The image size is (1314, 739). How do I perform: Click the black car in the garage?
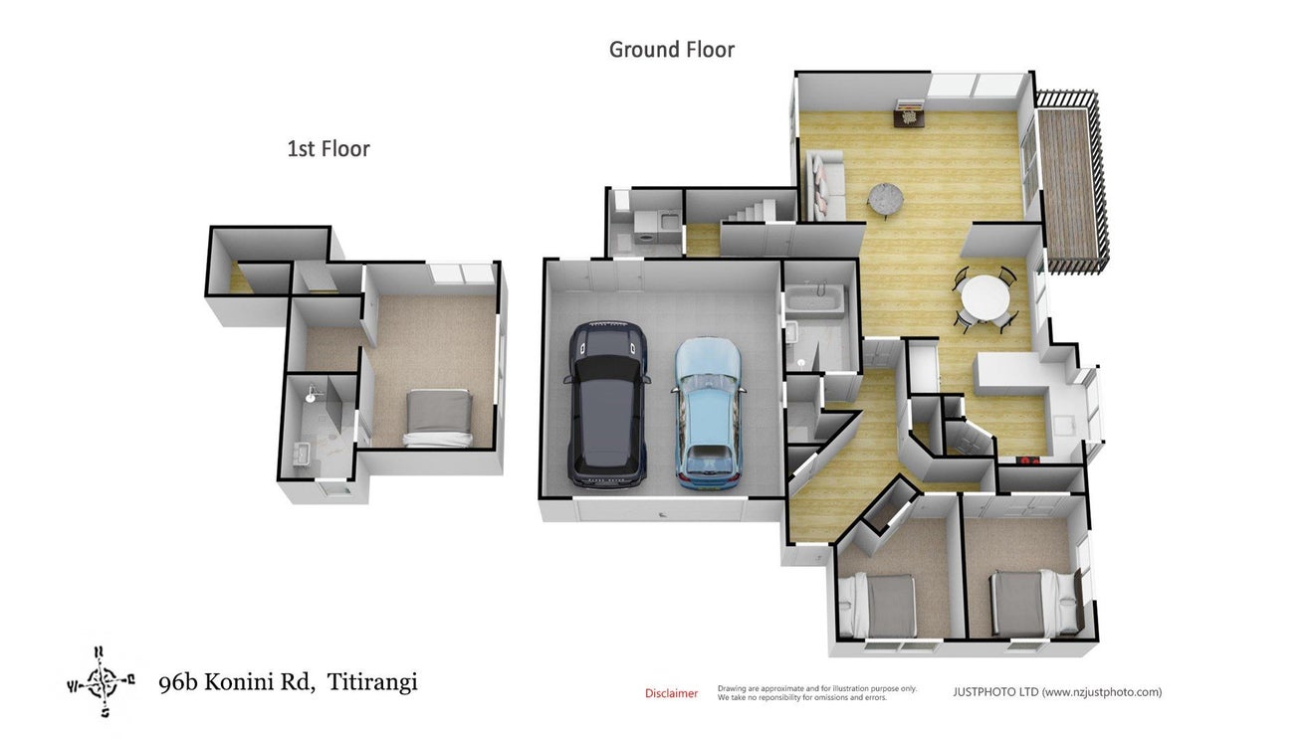[x=607, y=405]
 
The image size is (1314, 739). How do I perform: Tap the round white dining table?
[x=985, y=298]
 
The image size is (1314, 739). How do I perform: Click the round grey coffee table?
[x=886, y=198]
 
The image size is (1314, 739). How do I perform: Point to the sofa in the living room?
[x=826, y=185]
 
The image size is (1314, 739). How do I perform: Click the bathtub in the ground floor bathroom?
[x=815, y=300]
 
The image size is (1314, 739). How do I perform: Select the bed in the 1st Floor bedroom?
[x=439, y=419]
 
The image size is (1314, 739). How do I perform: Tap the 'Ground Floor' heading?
[x=672, y=50]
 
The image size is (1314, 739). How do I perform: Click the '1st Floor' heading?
[x=328, y=149]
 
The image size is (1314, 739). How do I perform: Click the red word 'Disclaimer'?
[x=672, y=693]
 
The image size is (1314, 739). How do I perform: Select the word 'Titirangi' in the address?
[x=372, y=681]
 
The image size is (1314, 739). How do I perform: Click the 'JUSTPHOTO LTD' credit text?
[x=995, y=692]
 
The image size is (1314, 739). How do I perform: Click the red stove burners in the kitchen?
[x=1029, y=461]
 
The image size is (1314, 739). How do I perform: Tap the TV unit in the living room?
[x=909, y=114]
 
